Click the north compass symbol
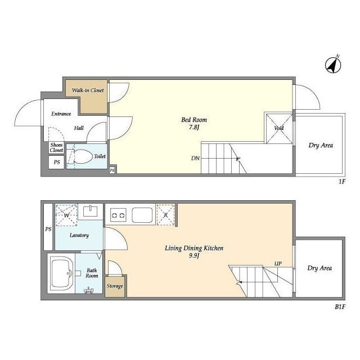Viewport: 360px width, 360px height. pos(333,65)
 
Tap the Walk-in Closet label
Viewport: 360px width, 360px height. pos(88,90)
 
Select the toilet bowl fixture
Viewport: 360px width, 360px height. pos(80,156)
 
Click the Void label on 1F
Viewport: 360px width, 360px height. pos(279,128)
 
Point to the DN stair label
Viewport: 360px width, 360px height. pos(195,158)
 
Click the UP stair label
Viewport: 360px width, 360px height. pos(278,264)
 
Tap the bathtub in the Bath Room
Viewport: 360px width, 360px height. pos(61,273)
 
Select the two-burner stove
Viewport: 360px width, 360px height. pos(118,215)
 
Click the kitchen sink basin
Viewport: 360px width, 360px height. pos(142,215)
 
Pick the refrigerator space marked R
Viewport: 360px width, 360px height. pos(165,215)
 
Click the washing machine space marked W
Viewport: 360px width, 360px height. pos(66,215)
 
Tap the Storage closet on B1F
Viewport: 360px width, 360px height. pos(115,286)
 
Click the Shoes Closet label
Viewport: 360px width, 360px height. pos(56,147)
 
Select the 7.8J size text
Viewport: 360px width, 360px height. pos(194,127)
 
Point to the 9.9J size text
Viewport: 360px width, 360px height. pos(194,255)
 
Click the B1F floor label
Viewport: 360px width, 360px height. pos(340,307)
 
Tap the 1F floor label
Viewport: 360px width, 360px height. pos(342,182)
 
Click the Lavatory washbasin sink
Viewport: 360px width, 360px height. pos(90,211)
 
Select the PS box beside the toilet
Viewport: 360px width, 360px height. pos(56,162)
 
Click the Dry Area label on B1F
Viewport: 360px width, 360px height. pos(319,268)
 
